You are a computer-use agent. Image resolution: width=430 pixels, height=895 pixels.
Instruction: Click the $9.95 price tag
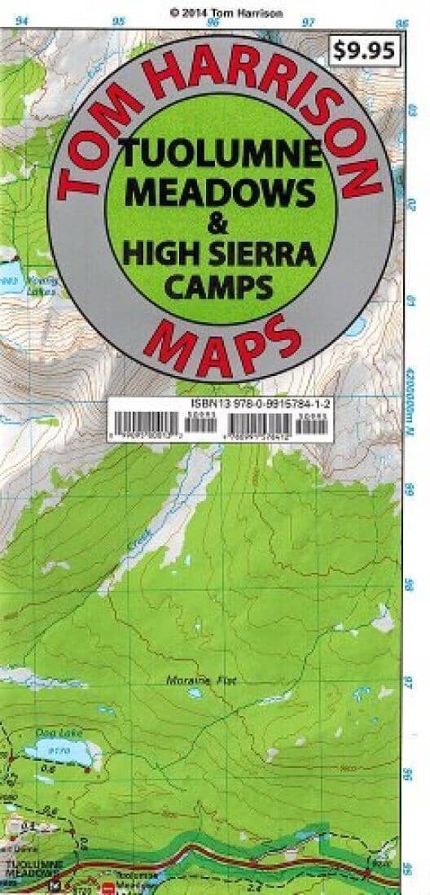pos(364,51)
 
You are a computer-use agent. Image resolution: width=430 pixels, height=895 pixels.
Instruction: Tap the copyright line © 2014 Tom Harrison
pos(215,12)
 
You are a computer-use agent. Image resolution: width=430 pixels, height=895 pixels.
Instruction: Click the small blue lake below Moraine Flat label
pos(195,694)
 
